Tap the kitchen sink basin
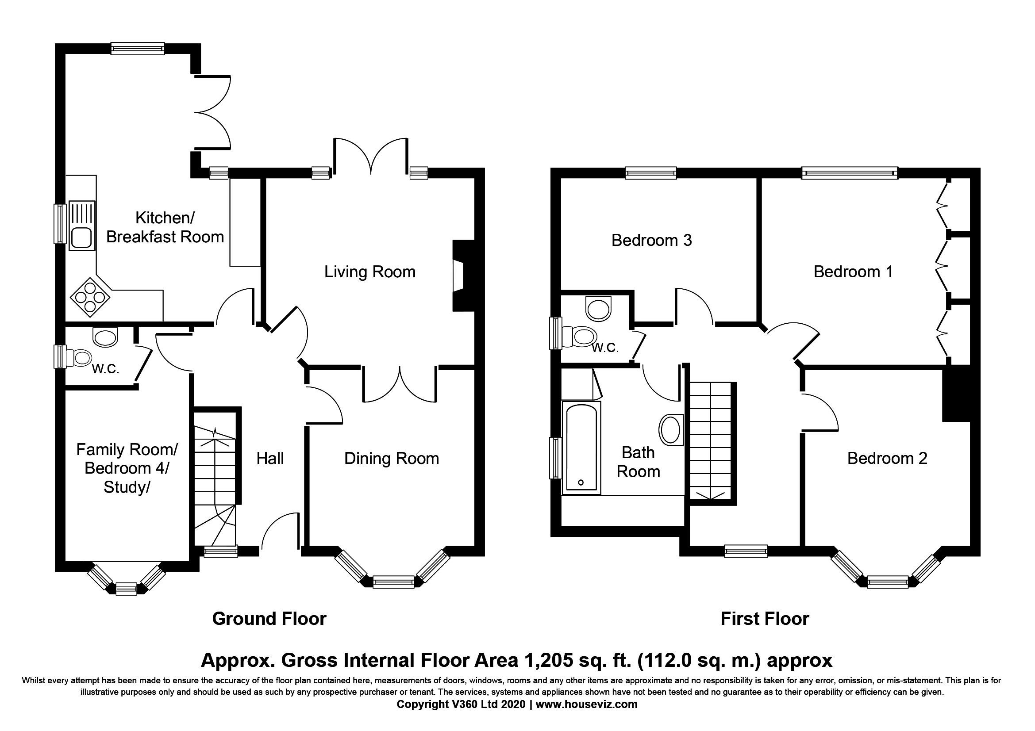click(81, 238)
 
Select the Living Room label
click(370, 272)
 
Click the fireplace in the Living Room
click(463, 276)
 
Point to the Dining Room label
click(391, 459)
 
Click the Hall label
click(270, 459)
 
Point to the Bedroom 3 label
click(651, 241)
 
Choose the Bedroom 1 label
click(853, 272)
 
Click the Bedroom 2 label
click(887, 459)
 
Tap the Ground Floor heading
click(269, 619)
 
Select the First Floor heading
click(765, 619)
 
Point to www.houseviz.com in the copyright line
click(586, 704)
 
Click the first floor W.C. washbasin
click(599, 309)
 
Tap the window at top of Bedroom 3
click(650, 173)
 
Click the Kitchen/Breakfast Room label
click(165, 227)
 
